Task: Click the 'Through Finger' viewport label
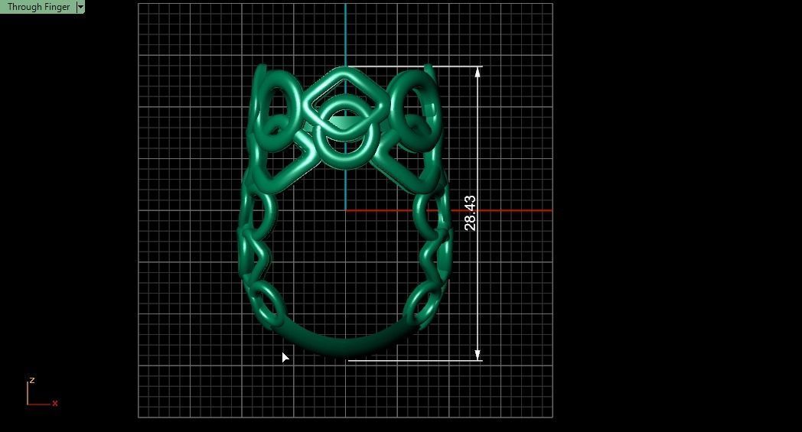[37, 7]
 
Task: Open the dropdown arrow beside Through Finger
[80, 7]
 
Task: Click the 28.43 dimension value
[470, 213]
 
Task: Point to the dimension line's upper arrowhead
[478, 71]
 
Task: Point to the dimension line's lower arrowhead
[478, 356]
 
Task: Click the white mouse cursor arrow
[285, 357]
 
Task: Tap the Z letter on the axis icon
[31, 380]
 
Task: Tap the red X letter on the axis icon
[55, 403]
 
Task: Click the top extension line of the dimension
[452, 67]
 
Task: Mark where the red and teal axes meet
[345, 210]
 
